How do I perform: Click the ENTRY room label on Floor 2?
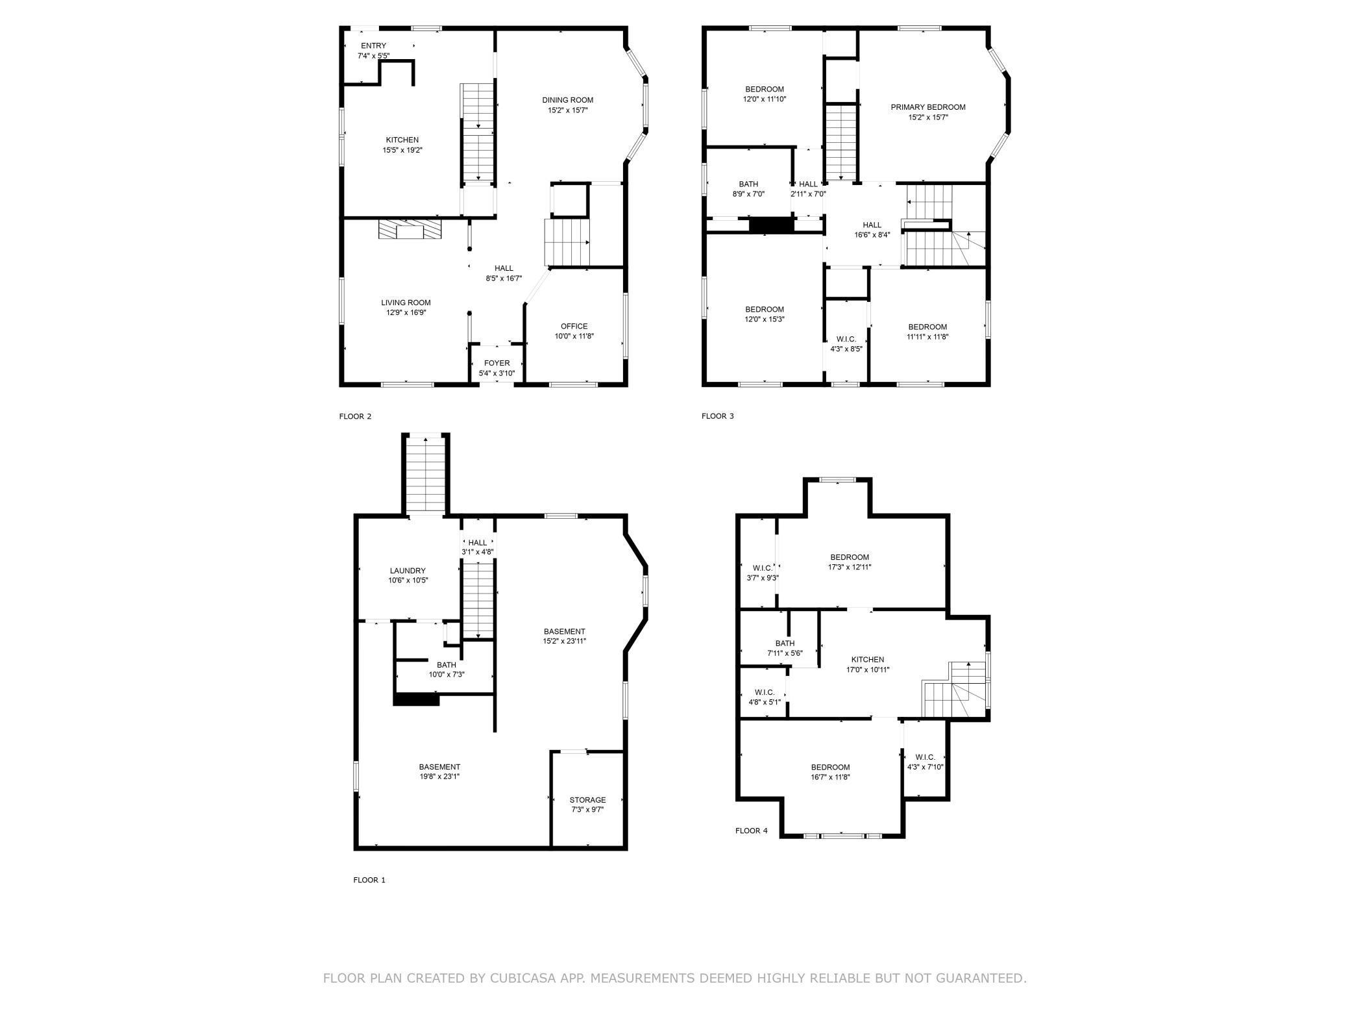point(373,45)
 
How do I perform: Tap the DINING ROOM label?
point(568,100)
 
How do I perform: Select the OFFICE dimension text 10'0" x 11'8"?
point(574,336)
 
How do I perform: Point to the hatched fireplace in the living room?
point(410,230)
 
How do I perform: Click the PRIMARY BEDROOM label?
point(927,107)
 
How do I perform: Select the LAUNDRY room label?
point(408,571)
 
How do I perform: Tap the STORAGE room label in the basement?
point(587,800)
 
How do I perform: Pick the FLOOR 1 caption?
point(369,880)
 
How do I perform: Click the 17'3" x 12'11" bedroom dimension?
point(850,567)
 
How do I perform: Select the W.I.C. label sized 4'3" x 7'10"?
point(925,757)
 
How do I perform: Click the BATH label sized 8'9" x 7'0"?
point(748,184)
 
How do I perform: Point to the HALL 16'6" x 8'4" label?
point(872,225)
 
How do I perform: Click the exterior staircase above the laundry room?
point(426,474)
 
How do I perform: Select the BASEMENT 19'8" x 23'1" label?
point(439,767)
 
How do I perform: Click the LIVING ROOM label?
point(406,303)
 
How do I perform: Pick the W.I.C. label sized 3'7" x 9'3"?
point(762,568)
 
